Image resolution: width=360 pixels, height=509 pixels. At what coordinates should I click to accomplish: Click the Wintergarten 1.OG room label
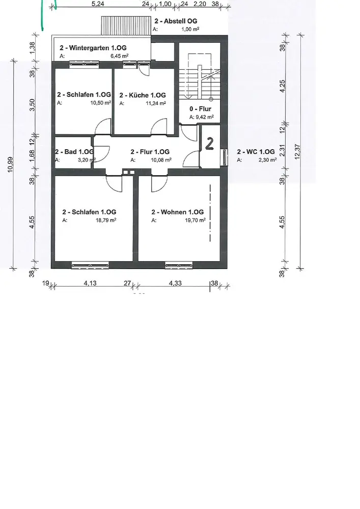point(93,48)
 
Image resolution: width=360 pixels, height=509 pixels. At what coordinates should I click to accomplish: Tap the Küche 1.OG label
point(143,95)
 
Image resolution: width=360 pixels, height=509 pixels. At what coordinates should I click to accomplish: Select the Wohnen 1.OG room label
point(177,212)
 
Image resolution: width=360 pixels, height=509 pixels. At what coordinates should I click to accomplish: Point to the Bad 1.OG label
point(74,152)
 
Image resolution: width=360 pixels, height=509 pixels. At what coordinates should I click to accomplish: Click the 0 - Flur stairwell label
point(200,109)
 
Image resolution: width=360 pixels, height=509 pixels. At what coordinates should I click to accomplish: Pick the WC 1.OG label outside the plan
point(256,152)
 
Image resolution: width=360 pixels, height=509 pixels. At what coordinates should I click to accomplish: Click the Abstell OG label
point(176,21)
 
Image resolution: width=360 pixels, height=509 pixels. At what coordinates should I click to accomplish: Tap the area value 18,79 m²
point(106,220)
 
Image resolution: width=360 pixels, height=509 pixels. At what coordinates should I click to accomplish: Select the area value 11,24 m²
point(156,103)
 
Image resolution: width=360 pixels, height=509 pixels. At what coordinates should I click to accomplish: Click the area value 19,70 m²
point(195,220)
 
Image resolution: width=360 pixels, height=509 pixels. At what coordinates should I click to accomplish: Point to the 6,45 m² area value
point(120,56)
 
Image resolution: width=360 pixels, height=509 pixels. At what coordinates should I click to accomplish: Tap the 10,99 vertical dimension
point(10,164)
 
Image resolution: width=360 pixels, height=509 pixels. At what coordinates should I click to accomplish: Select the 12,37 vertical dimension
point(297,152)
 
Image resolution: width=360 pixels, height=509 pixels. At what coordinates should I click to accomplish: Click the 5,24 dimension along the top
point(98,4)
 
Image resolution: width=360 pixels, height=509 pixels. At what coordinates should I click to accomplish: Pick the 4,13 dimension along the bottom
point(90,283)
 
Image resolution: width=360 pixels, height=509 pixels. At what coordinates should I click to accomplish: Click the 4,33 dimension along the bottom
point(175,283)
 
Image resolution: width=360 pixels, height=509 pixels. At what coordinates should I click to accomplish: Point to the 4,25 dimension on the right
point(283,87)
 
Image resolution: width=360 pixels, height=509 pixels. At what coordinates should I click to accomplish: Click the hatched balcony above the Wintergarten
point(126,25)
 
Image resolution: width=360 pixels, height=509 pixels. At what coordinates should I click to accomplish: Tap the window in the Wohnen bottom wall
point(179,266)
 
